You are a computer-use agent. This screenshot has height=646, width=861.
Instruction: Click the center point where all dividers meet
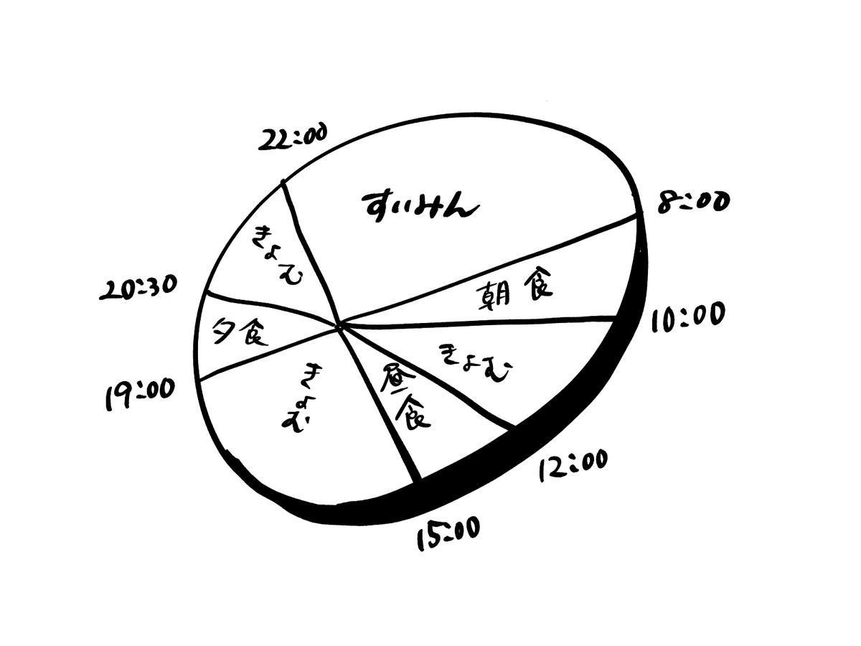tap(339, 327)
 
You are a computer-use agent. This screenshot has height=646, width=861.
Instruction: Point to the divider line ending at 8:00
tap(495, 269)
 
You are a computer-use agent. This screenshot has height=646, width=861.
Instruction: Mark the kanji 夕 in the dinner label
tap(222, 332)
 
